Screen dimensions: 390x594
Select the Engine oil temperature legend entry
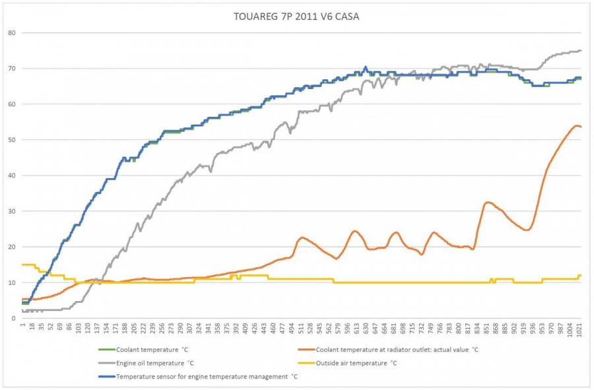(155, 363)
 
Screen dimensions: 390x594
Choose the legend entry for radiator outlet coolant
(397, 350)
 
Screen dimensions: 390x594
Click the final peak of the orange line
(576, 125)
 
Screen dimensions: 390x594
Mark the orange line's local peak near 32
(488, 202)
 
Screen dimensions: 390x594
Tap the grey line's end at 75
(581, 51)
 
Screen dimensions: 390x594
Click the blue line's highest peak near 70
(365, 67)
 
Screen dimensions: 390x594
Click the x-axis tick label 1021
(579, 330)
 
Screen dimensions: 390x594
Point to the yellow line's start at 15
(23, 265)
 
